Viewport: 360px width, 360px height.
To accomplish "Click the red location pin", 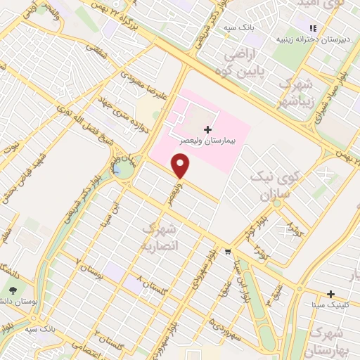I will point(181,166).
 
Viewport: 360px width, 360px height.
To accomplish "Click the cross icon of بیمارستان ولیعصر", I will point(207,129).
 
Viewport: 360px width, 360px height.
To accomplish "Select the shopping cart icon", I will point(227,251).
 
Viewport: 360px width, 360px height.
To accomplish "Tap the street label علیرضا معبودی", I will point(144,84).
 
